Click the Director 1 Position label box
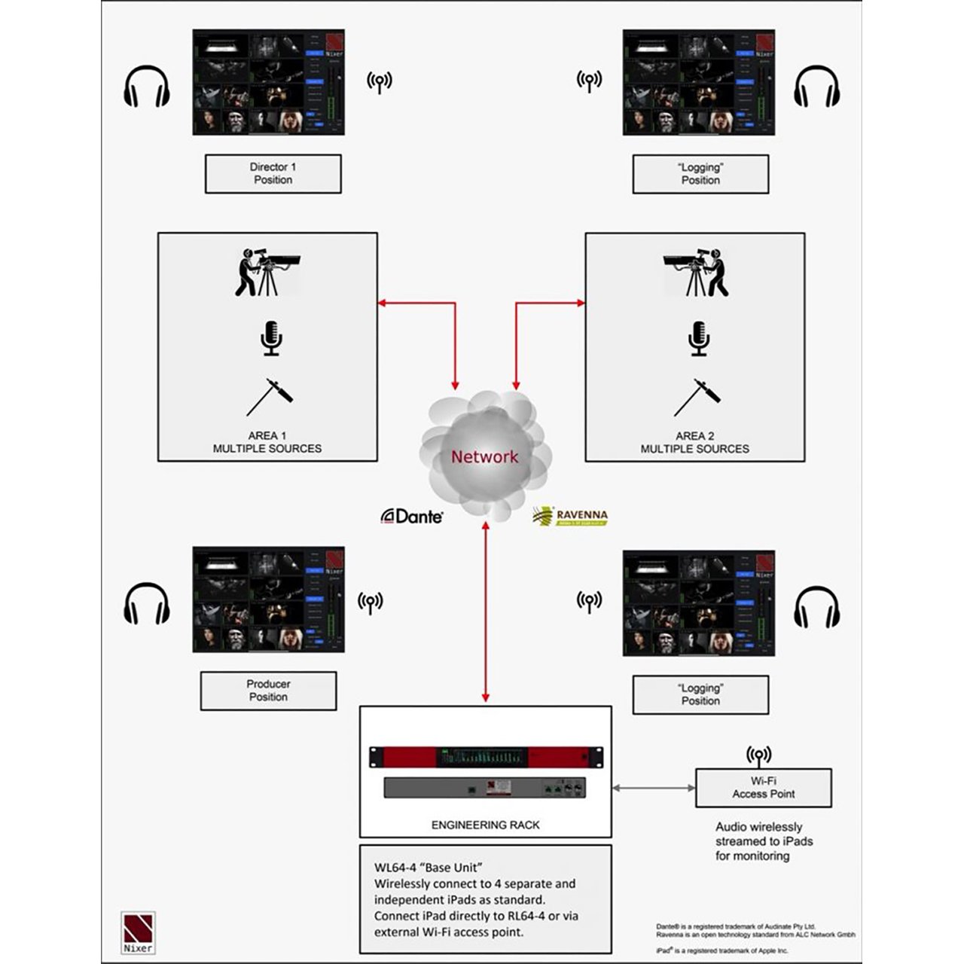click(273, 174)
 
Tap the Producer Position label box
click(268, 691)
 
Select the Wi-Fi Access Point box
click(763, 788)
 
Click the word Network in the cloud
click(484, 457)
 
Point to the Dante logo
click(412, 516)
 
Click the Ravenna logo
click(570, 516)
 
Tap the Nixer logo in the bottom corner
click(138, 932)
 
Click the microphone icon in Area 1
click(271, 338)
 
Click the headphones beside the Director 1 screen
click(146, 86)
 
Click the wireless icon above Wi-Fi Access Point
click(758, 755)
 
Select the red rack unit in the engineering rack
click(486, 757)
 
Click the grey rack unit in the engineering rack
click(486, 788)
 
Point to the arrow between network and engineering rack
click(486, 610)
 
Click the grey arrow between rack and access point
click(653, 788)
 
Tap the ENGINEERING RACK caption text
click(485, 825)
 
